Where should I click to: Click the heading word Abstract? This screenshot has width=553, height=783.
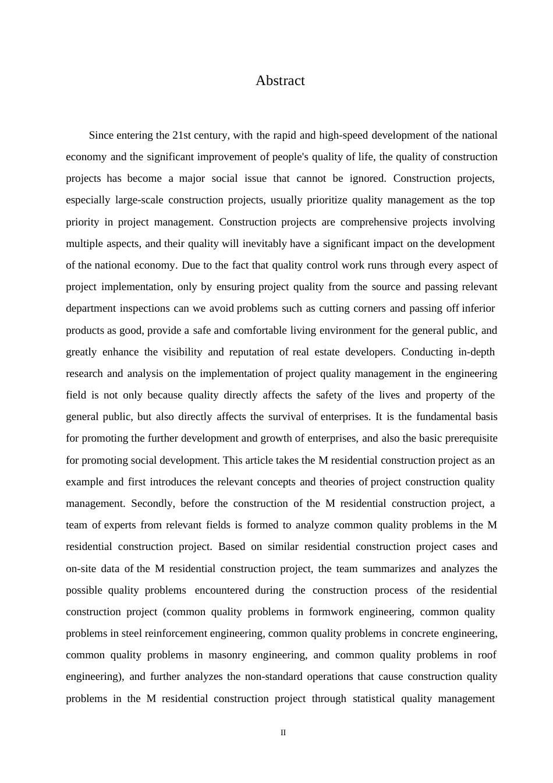[x=280, y=81]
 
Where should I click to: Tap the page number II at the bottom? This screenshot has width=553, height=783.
[x=283, y=733]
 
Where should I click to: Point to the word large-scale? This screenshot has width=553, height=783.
[x=139, y=200]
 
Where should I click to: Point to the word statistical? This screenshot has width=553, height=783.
[x=374, y=699]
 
